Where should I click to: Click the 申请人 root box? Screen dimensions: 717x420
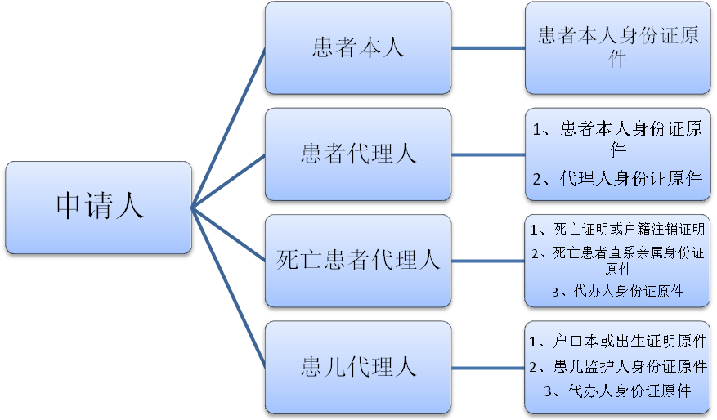coord(98,208)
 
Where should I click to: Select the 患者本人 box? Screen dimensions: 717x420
coord(358,48)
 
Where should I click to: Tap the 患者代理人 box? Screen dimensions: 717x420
coord(358,154)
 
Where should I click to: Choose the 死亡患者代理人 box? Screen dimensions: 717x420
coord(358,261)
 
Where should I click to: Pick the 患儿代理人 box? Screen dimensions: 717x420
coord(358,368)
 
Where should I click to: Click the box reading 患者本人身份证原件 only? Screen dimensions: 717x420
coord(618,48)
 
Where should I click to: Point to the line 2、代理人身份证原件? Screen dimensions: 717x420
coord(617,178)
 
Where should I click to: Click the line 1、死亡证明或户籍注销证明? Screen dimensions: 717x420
coord(617,229)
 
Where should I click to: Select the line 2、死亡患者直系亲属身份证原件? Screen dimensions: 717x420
coord(618,261)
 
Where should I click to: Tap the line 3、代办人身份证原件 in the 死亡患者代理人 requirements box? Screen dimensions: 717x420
coord(618,291)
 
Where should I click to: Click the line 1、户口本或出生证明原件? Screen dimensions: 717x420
coord(618,341)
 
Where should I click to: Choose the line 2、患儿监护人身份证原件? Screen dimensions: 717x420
coord(618,366)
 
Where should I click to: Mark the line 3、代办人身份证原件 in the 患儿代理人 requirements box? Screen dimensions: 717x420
coord(618,391)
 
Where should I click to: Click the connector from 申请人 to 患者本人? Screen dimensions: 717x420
coord(229,128)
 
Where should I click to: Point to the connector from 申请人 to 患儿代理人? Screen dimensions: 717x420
coord(229,288)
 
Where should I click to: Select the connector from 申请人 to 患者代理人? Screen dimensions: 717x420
coord(229,181)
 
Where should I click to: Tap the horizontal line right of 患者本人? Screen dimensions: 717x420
coord(488,48)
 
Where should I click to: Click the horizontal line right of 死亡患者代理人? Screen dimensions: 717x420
coord(488,261)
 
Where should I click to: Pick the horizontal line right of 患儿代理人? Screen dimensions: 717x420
coord(488,368)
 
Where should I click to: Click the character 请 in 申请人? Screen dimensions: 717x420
coord(99,206)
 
